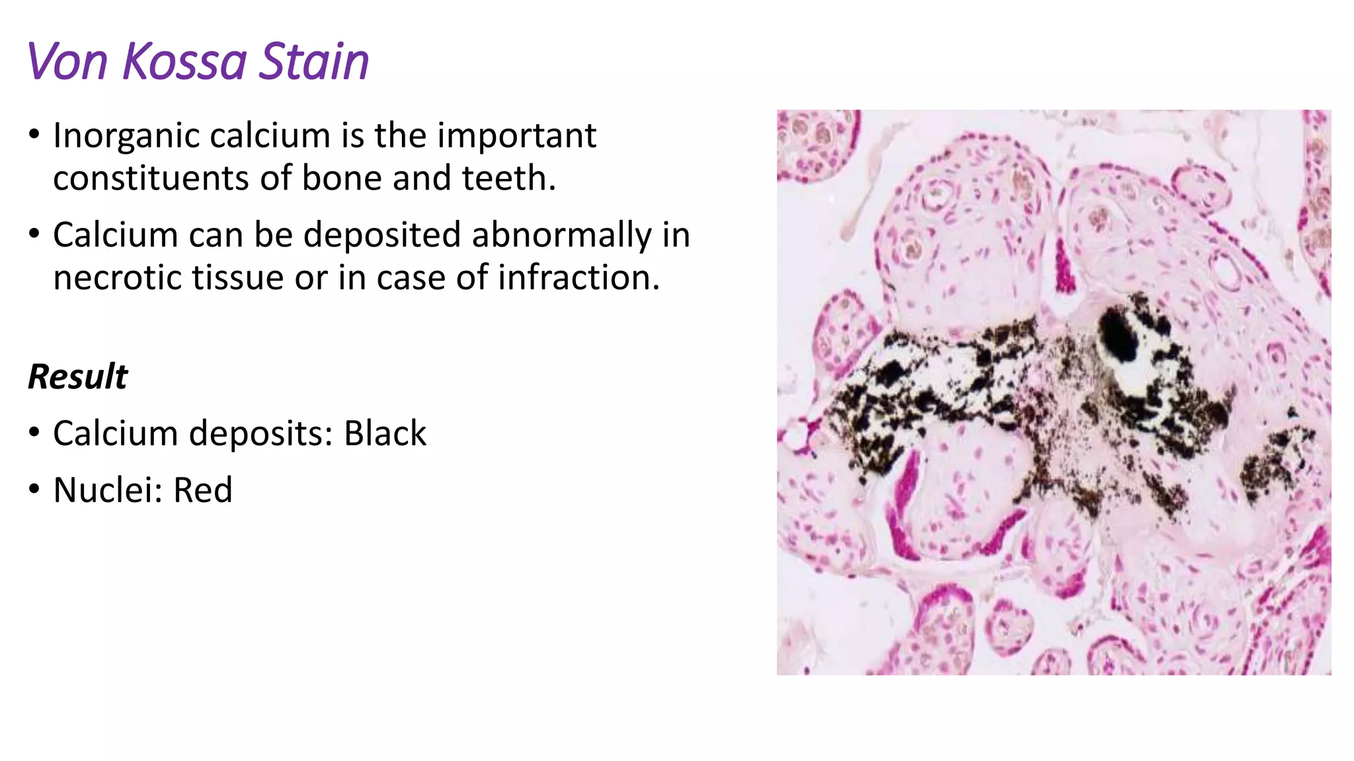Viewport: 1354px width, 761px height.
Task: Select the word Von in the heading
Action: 67,61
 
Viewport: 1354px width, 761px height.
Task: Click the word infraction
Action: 578,277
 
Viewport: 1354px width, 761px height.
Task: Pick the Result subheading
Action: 77,377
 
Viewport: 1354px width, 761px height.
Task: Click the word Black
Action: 385,434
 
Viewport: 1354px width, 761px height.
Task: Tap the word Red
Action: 202,490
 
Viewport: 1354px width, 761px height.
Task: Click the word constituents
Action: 151,178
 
